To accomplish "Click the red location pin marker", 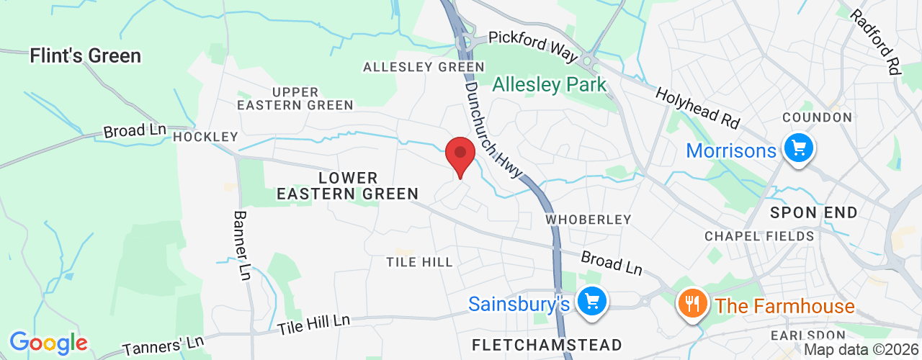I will (x=460, y=156).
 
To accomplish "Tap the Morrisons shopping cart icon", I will (x=798, y=150).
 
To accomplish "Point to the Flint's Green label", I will (x=86, y=55).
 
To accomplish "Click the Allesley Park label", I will (x=549, y=85).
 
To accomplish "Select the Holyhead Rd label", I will (x=698, y=107).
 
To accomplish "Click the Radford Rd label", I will (x=877, y=41).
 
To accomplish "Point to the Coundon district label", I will (x=817, y=117).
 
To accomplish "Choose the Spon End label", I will (x=814, y=212).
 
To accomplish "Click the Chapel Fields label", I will (x=759, y=236).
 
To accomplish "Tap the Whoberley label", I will (x=588, y=219).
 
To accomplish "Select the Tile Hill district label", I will (x=419, y=262).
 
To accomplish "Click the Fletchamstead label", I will (x=547, y=342).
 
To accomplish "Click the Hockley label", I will (x=205, y=137).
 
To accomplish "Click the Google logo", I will (x=48, y=343).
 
